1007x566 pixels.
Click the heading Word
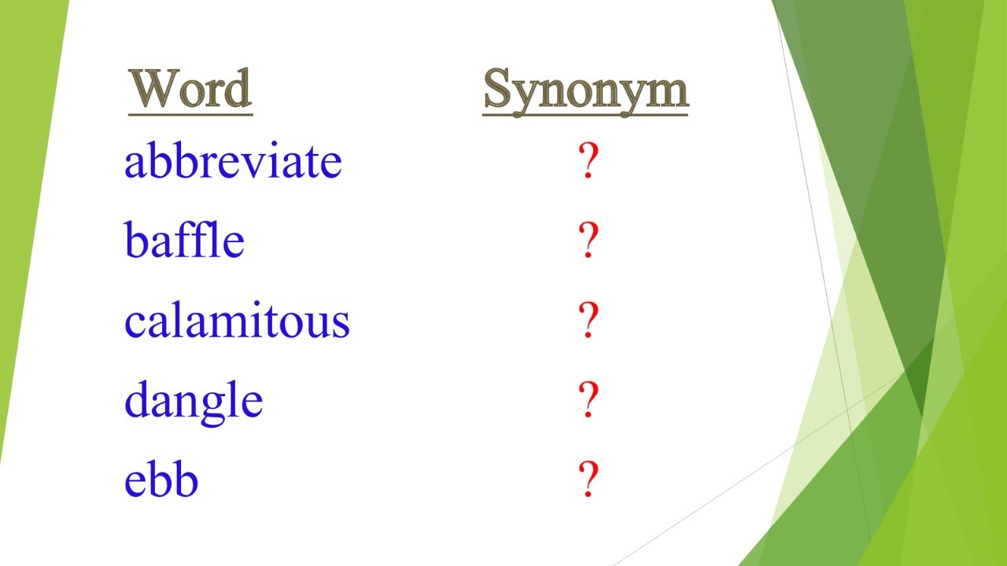click(190, 88)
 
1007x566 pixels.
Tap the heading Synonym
click(585, 90)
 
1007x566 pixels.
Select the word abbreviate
click(233, 162)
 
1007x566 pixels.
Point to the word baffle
click(184, 241)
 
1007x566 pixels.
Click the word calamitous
click(237, 321)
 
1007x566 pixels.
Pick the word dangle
click(194, 401)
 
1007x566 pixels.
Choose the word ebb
click(160, 480)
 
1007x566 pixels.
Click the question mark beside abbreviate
click(588, 162)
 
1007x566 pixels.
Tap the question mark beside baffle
click(588, 241)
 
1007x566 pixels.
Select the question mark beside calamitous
click(588, 321)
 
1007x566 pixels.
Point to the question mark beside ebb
click(588, 480)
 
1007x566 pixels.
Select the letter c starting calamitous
click(134, 323)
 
